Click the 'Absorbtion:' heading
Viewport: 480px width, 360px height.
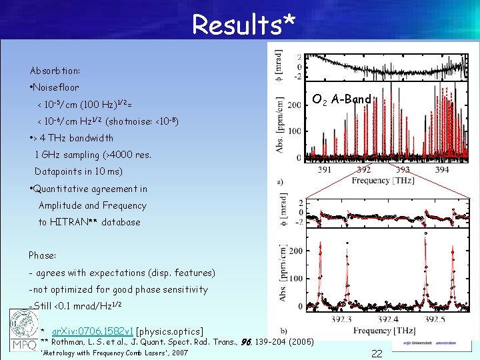[x=55, y=71]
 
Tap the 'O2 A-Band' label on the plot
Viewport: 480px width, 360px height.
[x=341, y=100]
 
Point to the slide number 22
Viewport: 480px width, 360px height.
[x=377, y=354]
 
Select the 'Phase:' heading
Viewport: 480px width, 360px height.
[x=42, y=255]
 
